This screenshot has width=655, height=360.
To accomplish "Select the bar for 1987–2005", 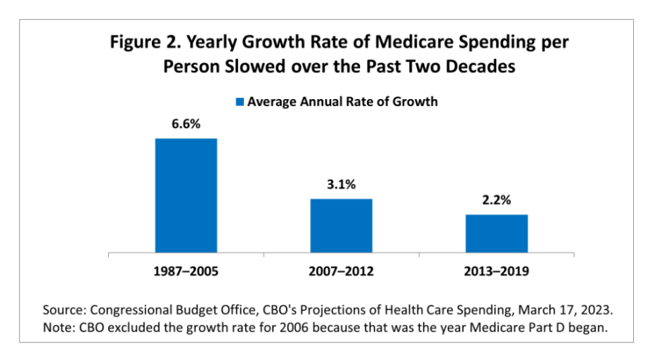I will pyautogui.click(x=186, y=195).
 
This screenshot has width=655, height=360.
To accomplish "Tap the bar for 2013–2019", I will pyautogui.click(x=496, y=233).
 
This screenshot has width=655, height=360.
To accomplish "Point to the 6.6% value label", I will pyautogui.click(x=186, y=124).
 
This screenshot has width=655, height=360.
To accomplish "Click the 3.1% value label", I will pyautogui.click(x=342, y=185).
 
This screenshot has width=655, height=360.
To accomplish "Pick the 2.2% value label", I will pyautogui.click(x=496, y=201).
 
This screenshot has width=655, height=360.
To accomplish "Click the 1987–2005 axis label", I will pyautogui.click(x=186, y=271).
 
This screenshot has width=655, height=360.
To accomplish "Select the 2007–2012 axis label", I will pyautogui.click(x=342, y=271).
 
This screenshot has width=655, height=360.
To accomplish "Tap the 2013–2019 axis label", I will pyautogui.click(x=496, y=271).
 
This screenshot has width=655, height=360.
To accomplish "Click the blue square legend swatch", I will pyautogui.click(x=240, y=102).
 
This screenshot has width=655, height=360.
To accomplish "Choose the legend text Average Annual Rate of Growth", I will pyautogui.click(x=342, y=101).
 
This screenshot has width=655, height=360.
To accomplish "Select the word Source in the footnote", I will pyautogui.click(x=63, y=309).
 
